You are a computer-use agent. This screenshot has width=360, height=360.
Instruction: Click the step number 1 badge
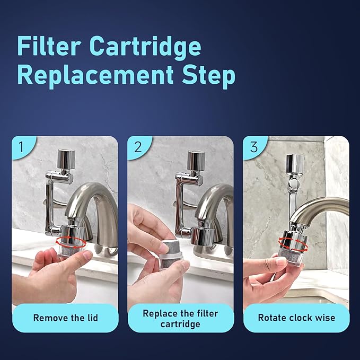[20, 147]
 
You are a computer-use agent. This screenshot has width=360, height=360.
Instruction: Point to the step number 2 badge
[137, 147]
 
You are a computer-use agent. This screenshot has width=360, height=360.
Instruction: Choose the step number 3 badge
[253, 147]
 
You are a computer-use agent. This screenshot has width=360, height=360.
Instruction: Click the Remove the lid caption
[65, 318]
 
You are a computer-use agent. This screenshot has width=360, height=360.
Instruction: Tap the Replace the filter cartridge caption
[181, 318]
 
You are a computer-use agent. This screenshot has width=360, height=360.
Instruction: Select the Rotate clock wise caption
[296, 318]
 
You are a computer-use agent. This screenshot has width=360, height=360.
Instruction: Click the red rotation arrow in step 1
[70, 242]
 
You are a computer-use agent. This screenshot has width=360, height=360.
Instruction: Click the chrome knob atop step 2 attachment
[196, 160]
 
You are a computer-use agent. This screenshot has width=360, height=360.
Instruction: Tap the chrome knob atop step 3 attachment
[295, 163]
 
